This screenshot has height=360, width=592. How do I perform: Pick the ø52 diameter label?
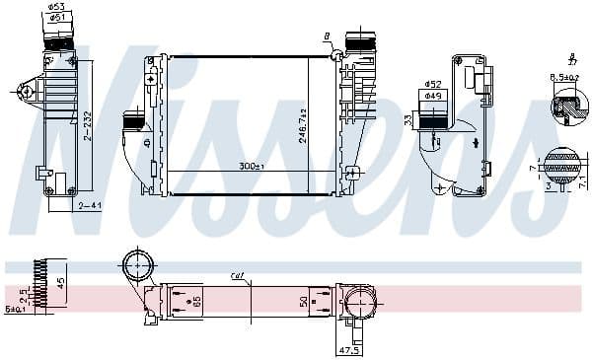(432, 85)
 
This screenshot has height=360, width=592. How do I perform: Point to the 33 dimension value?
(407, 120)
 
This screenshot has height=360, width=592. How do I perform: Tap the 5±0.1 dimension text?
(16, 308)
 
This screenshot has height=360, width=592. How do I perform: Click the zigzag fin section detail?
(39, 283)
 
